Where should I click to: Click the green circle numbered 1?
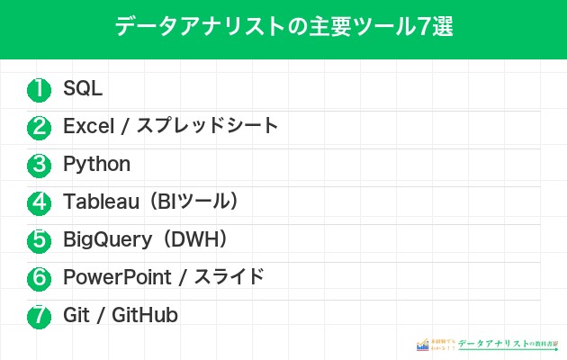[x=39, y=89]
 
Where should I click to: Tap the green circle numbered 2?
[x=39, y=127]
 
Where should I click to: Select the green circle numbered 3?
[x=39, y=165]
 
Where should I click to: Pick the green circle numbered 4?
[x=39, y=202]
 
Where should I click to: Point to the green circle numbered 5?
[x=39, y=240]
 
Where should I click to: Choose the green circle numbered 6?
[x=39, y=278]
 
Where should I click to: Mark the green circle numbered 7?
[x=39, y=316]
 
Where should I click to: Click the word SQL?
[x=83, y=89]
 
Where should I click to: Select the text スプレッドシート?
[x=207, y=127]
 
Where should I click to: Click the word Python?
[x=96, y=165]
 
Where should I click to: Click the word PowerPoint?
[x=113, y=278]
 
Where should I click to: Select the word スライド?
[x=229, y=278]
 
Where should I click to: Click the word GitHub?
[x=144, y=316]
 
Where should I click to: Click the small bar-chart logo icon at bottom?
[x=422, y=345]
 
